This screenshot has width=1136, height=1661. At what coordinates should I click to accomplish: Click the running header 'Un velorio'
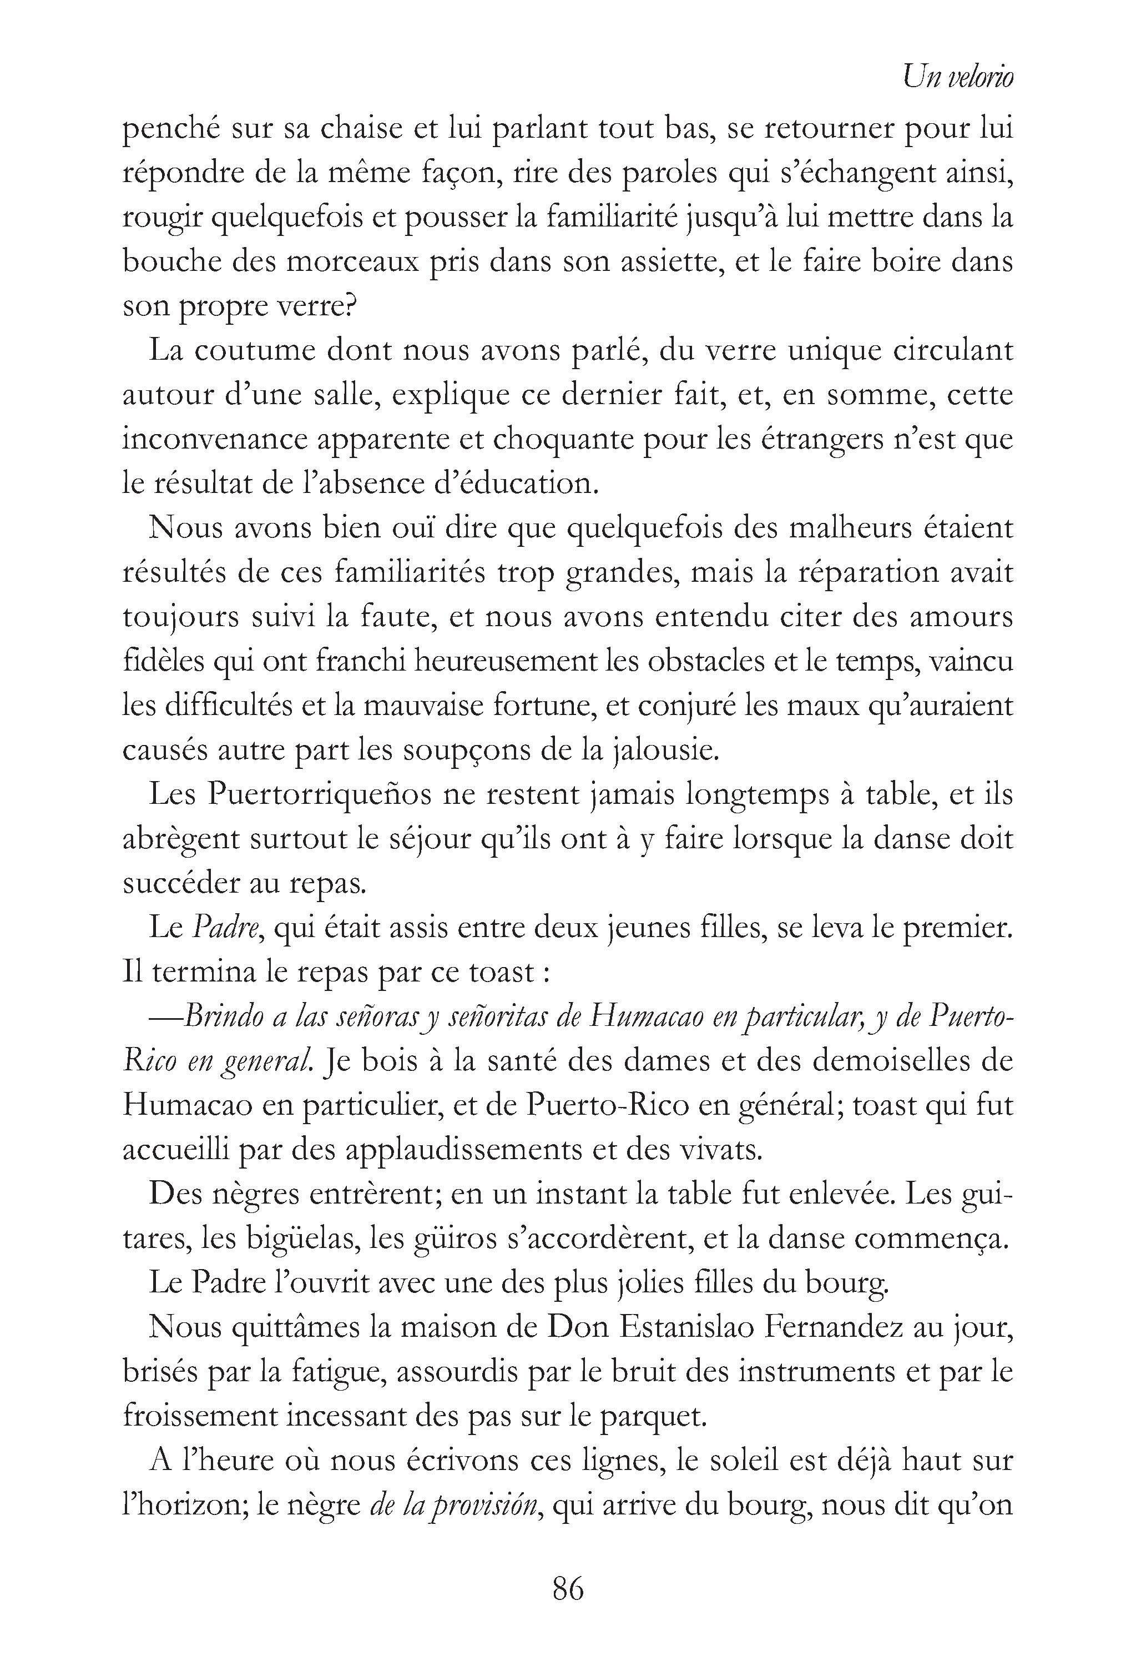(x=957, y=77)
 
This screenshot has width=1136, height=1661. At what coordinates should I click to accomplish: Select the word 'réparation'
(x=838, y=572)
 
